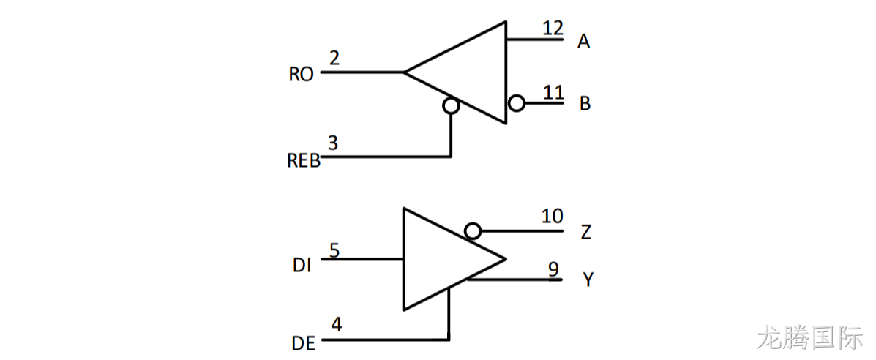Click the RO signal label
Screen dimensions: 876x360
point(301,75)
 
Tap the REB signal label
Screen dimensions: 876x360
point(304,161)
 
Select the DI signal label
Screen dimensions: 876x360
point(302,266)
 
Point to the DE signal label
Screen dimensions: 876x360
point(304,342)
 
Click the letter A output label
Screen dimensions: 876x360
point(584,42)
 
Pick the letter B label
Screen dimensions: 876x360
point(585,104)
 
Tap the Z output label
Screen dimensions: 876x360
point(585,233)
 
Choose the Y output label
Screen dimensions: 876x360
point(588,279)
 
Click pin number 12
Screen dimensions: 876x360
point(553,28)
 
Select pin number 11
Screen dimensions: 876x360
point(553,91)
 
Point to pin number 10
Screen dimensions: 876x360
point(552,216)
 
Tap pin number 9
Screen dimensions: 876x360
point(553,269)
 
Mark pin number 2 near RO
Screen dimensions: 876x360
point(334,58)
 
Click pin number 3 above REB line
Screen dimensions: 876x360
point(333,143)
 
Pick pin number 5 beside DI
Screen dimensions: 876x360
point(334,250)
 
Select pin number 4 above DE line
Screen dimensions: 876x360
point(336,324)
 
